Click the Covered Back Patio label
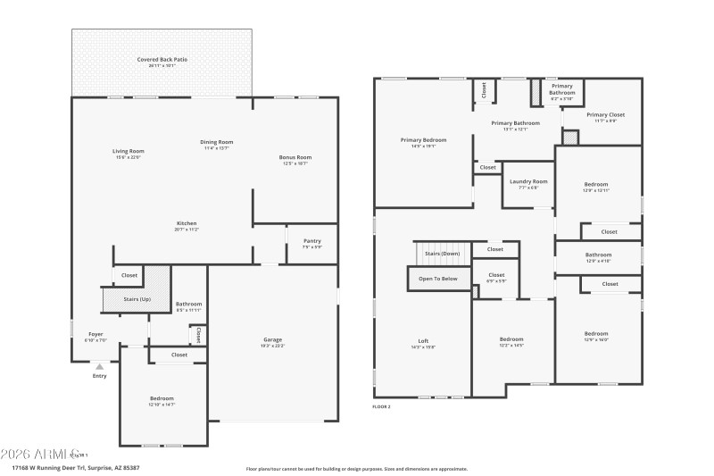(162, 60)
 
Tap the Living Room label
(128, 151)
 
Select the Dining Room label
(216, 142)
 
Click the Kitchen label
(186, 223)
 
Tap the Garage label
(272, 339)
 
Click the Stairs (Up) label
(137, 299)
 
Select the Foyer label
(95, 334)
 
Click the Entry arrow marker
(99, 366)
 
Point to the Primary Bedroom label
(423, 140)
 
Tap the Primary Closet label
(605, 115)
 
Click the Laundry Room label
(528, 181)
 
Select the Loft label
(423, 340)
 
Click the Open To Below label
(437, 279)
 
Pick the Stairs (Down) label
(443, 254)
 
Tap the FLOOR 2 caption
(381, 406)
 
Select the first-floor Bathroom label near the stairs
(188, 304)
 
